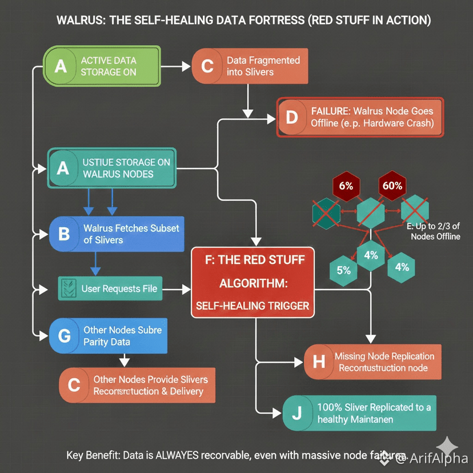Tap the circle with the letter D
292,118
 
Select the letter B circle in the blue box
64,234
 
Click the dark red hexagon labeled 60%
392,186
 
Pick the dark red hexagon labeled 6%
346,186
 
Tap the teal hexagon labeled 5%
344,270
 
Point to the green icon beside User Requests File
68,288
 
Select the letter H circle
319,362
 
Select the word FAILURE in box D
331,111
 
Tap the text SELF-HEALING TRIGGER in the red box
252,306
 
